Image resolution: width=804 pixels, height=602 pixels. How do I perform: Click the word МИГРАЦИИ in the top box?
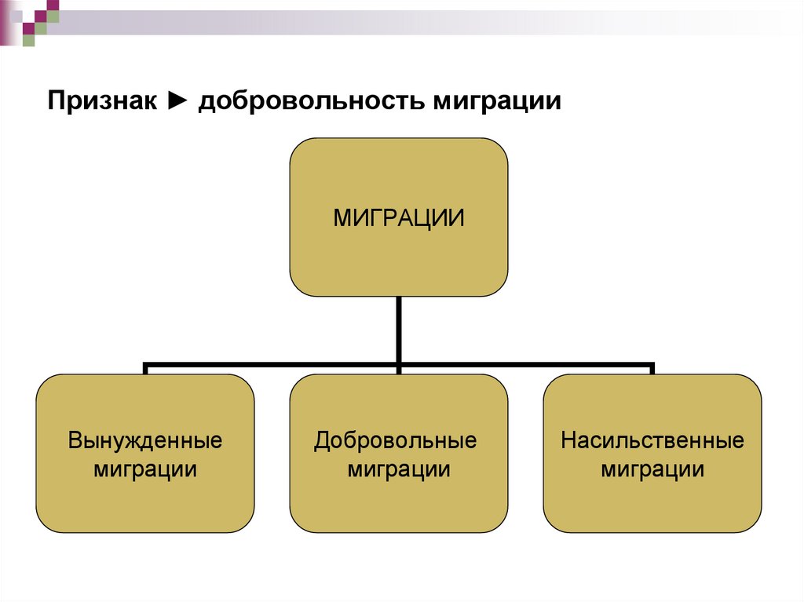pyautogui.click(x=398, y=217)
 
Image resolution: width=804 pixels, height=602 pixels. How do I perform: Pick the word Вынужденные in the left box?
pyautogui.click(x=145, y=440)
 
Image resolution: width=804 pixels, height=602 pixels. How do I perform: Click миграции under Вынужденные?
pyautogui.click(x=145, y=469)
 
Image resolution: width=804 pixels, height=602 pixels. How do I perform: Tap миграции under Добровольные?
pyautogui.click(x=399, y=469)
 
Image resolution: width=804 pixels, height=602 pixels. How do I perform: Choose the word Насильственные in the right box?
pyautogui.click(x=652, y=440)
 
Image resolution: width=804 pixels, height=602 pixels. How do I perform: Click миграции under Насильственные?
pyautogui.click(x=652, y=469)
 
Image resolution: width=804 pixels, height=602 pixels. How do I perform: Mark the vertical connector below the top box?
pyautogui.click(x=399, y=330)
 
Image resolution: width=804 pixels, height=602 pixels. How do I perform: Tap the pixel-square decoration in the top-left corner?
pyautogui.click(x=31, y=19)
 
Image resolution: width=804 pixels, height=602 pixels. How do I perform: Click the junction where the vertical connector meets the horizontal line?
pyautogui.click(x=399, y=365)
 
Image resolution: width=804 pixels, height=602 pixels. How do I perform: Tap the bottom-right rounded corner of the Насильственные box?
pyautogui.click(x=753, y=524)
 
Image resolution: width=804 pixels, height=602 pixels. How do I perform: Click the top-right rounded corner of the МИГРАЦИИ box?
pyautogui.click(x=499, y=147)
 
